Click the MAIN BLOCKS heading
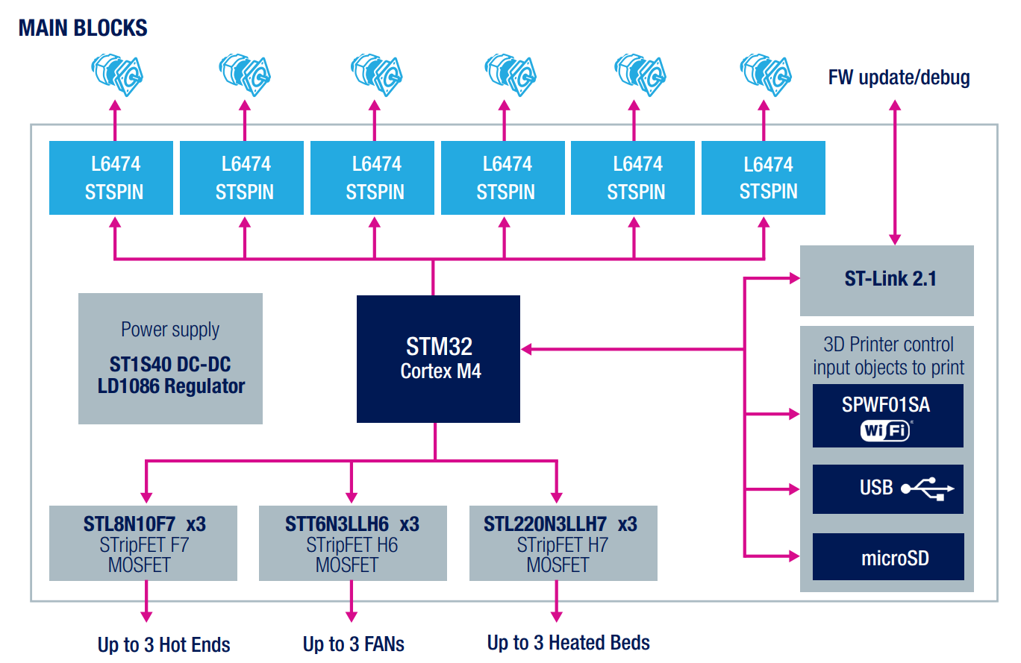(x=83, y=28)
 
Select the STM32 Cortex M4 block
(x=438, y=359)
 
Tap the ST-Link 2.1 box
(x=887, y=280)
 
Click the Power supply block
(x=170, y=359)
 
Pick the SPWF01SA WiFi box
(x=887, y=415)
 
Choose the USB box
(x=887, y=488)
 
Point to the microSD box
(x=887, y=557)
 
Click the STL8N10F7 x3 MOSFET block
(x=143, y=544)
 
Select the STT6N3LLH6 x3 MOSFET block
(x=352, y=544)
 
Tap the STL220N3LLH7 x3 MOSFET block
(x=563, y=544)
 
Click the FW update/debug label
(x=899, y=78)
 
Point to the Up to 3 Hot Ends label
(x=163, y=644)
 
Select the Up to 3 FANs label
(x=353, y=644)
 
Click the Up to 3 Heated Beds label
(x=568, y=642)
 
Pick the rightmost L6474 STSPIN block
(x=764, y=177)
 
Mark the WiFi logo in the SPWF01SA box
(x=885, y=430)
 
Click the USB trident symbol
(x=927, y=488)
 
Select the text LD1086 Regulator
(x=171, y=386)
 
